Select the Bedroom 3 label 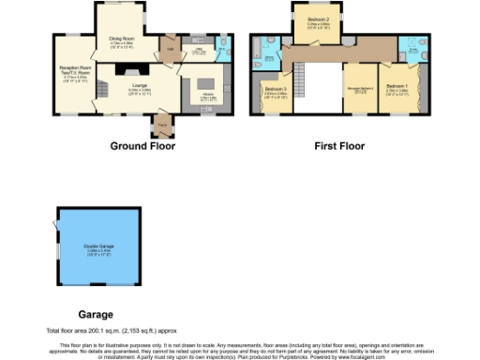[275, 91]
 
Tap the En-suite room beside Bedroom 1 [410, 49]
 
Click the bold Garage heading [96, 315]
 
